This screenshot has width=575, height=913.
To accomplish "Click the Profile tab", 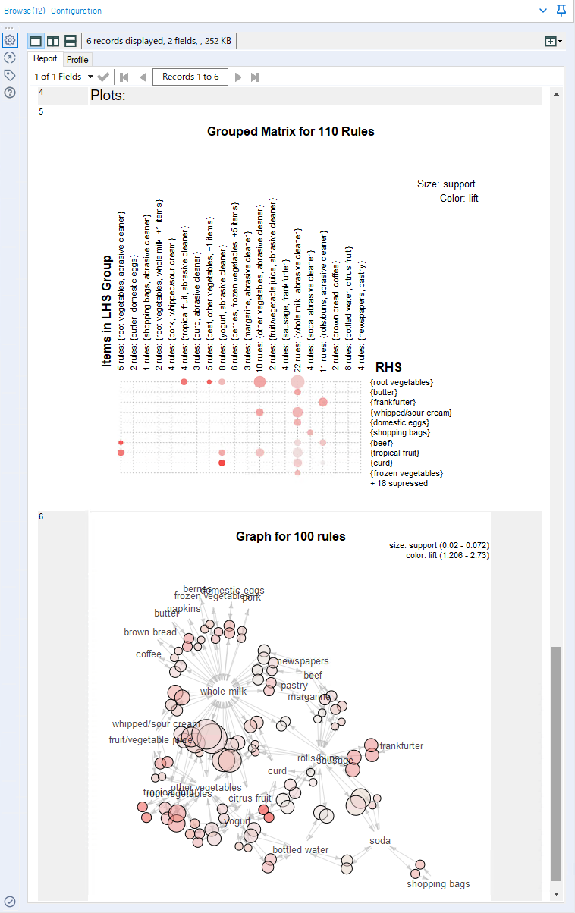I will [x=77, y=59].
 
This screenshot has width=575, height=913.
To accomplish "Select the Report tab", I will [x=45, y=58].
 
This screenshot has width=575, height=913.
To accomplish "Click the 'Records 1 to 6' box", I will [x=190, y=77].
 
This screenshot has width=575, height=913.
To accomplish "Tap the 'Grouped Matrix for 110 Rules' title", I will [x=291, y=131].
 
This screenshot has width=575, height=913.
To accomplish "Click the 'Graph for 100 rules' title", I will [x=291, y=537].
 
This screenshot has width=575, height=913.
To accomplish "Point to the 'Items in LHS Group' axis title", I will [x=107, y=312].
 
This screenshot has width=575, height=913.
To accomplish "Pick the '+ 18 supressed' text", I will [x=399, y=483].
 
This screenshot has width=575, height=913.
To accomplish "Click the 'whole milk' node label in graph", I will [x=223, y=692].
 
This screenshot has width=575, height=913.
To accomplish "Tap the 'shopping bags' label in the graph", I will [x=438, y=884].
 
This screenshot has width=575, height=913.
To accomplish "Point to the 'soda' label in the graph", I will [x=380, y=841].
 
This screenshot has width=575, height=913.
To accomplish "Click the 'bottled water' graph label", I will [x=300, y=850].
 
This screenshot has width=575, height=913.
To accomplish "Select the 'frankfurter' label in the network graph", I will [x=401, y=746].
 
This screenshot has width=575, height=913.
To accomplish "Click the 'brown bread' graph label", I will [x=150, y=632].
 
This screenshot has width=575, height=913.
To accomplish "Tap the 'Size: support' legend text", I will [x=446, y=184].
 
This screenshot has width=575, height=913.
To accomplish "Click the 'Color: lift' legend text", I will [x=459, y=199].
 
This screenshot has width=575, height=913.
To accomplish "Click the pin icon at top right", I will [x=561, y=11].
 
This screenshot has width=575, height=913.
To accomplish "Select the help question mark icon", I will [x=10, y=93].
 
